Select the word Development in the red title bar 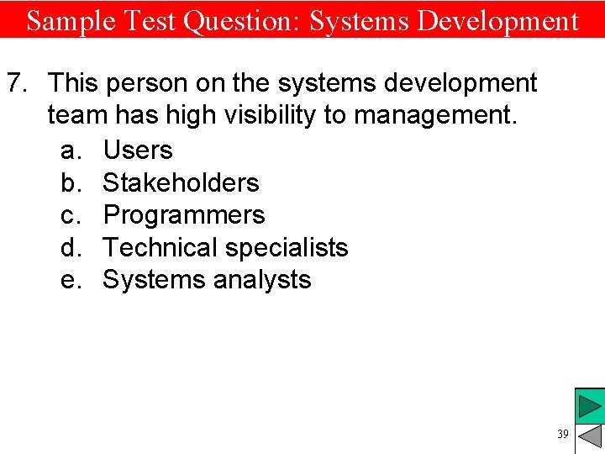click(498, 20)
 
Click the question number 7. click(18, 83)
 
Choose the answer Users click(138, 150)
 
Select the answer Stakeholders click(181, 182)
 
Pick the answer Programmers click(184, 215)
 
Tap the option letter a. click(71, 150)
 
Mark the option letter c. click(71, 215)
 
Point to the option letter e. click(71, 280)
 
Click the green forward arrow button click(591, 408)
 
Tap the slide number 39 click(562, 434)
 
